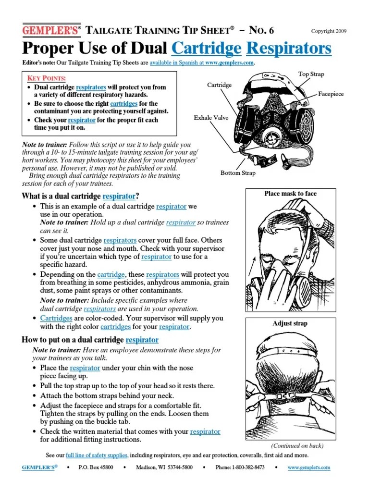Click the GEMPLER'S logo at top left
[49, 30]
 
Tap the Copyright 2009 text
[329, 31]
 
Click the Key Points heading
[47, 78]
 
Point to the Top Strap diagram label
[311, 74]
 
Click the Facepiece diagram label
[331, 94]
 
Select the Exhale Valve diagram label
[211, 117]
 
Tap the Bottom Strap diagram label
[238, 172]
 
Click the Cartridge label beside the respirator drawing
[219, 85]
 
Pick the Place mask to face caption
[290, 194]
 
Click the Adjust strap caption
[290, 323]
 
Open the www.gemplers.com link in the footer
[309, 467]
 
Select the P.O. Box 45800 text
[96, 467]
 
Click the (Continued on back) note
[297, 445]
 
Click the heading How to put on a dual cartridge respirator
[90, 340]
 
